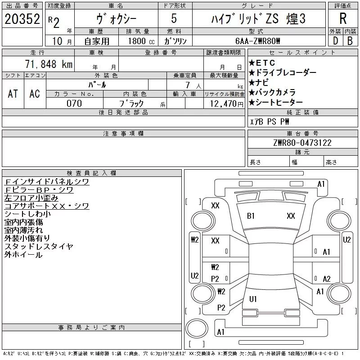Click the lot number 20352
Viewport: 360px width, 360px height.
[22, 19]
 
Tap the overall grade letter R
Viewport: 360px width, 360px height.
[343, 18]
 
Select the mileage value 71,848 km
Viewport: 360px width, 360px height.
[49, 64]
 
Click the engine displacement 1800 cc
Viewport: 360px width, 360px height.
[141, 41]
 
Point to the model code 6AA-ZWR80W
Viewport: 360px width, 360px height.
[257, 41]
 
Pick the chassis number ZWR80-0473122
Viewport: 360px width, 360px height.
[302, 143]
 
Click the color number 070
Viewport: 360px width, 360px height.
[74, 103]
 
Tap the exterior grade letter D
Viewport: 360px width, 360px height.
[335, 41]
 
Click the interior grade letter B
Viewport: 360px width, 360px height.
[350, 41]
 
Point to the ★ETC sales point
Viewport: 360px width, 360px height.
[262, 63]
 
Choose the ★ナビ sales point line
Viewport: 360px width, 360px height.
[259, 82]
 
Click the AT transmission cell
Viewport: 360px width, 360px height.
[13, 94]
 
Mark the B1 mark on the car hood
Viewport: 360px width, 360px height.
[251, 216]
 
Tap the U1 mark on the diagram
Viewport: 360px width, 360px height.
[253, 299]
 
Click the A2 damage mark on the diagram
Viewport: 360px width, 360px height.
[327, 279]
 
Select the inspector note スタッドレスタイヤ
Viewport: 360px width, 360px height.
[39, 246]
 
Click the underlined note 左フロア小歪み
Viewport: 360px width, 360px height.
[31, 198]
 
